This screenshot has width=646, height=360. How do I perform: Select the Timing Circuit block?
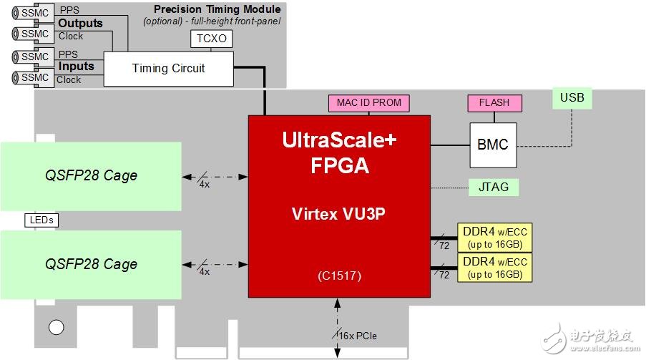(168, 69)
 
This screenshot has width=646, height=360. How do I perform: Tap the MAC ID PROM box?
(369, 103)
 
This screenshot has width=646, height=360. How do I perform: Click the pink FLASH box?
(494, 103)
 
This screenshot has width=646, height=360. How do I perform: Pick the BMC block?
(492, 145)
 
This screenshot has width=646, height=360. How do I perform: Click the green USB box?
(572, 97)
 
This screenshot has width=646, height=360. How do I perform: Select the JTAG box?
(493, 188)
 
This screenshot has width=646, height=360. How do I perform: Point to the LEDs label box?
(41, 220)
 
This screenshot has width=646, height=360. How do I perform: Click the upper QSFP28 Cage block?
(91, 175)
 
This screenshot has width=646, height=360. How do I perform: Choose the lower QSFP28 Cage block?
(91, 264)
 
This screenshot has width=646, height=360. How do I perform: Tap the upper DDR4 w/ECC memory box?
(496, 236)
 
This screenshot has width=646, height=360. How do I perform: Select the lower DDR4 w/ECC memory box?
(496, 268)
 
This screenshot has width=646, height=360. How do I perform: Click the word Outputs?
(80, 23)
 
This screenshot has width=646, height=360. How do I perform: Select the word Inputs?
(76, 67)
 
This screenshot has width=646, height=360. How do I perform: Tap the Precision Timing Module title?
(217, 9)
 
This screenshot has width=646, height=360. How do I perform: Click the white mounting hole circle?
(56, 329)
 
